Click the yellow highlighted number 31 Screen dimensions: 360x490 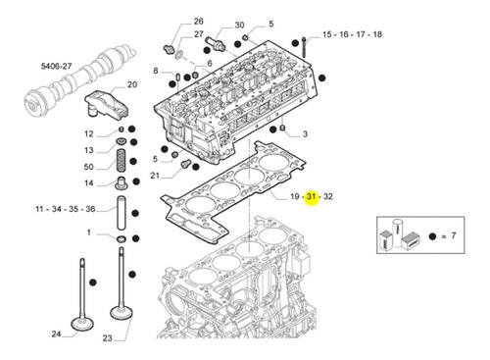311,197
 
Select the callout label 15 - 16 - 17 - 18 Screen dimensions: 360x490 354,34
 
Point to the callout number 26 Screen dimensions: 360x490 198,21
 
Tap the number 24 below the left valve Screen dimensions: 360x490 56,335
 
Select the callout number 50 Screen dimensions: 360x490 88,168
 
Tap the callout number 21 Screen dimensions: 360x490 155,176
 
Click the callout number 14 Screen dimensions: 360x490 88,183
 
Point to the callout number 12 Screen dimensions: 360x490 88,133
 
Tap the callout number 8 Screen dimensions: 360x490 155,71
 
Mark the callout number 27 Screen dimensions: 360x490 198,34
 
